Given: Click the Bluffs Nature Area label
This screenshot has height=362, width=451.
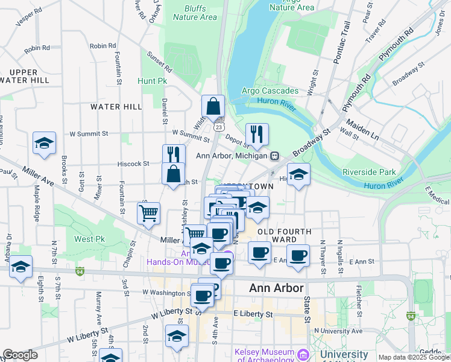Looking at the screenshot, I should click(x=195, y=13).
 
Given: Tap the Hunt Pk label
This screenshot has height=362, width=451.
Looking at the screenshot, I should click(x=151, y=81).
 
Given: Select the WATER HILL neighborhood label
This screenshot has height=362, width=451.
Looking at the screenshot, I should click(x=116, y=107).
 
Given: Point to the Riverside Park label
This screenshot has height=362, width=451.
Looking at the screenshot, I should click(x=368, y=172).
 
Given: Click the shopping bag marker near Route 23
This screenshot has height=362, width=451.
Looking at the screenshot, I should click(x=213, y=107).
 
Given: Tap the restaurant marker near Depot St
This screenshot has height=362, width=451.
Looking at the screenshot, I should click(x=257, y=135).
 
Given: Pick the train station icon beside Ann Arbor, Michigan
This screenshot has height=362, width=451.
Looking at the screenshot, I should click(x=274, y=156).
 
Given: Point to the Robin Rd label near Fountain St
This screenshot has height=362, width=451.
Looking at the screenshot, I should click(x=102, y=46).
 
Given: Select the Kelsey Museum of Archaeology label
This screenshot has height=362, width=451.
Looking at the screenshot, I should click(x=265, y=356).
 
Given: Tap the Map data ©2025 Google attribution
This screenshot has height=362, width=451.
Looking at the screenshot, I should click(x=414, y=357).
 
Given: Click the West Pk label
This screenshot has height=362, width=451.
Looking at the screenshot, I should click(x=90, y=239).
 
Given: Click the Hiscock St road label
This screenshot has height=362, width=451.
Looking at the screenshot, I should click(x=133, y=164).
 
